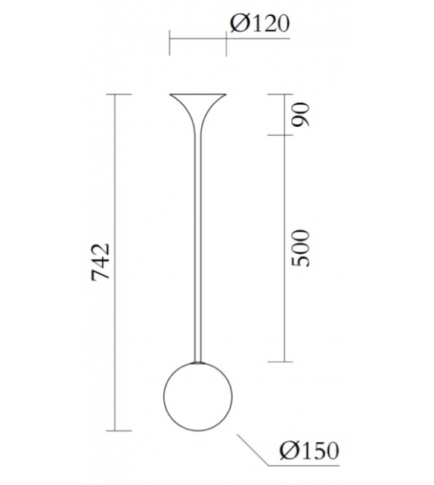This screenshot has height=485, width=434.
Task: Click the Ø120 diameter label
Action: click(259, 25)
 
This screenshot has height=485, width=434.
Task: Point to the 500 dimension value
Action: click(302, 246)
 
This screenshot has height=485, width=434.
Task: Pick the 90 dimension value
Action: click(302, 115)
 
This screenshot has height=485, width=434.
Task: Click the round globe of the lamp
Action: click(197, 395)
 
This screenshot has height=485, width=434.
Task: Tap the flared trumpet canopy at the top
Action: click(197, 103)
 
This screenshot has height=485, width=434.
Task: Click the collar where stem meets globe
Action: click(197, 363)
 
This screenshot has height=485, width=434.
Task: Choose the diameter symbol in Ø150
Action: click(287, 450)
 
